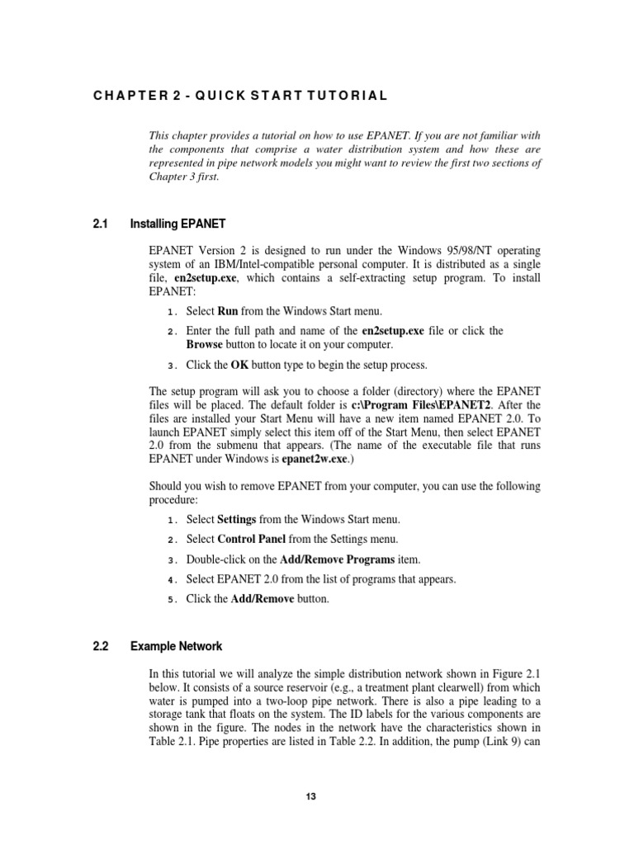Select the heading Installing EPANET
click(x=179, y=224)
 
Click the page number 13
click(x=310, y=796)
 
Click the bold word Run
click(x=227, y=312)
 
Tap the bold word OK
click(x=239, y=366)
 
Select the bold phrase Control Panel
click(x=253, y=539)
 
